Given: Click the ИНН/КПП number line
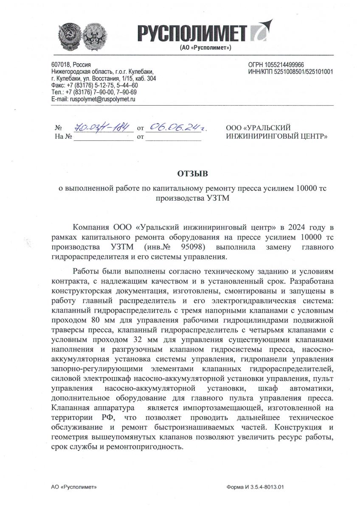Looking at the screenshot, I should [x=291, y=71].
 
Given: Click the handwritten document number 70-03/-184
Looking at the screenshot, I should [x=97, y=127].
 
